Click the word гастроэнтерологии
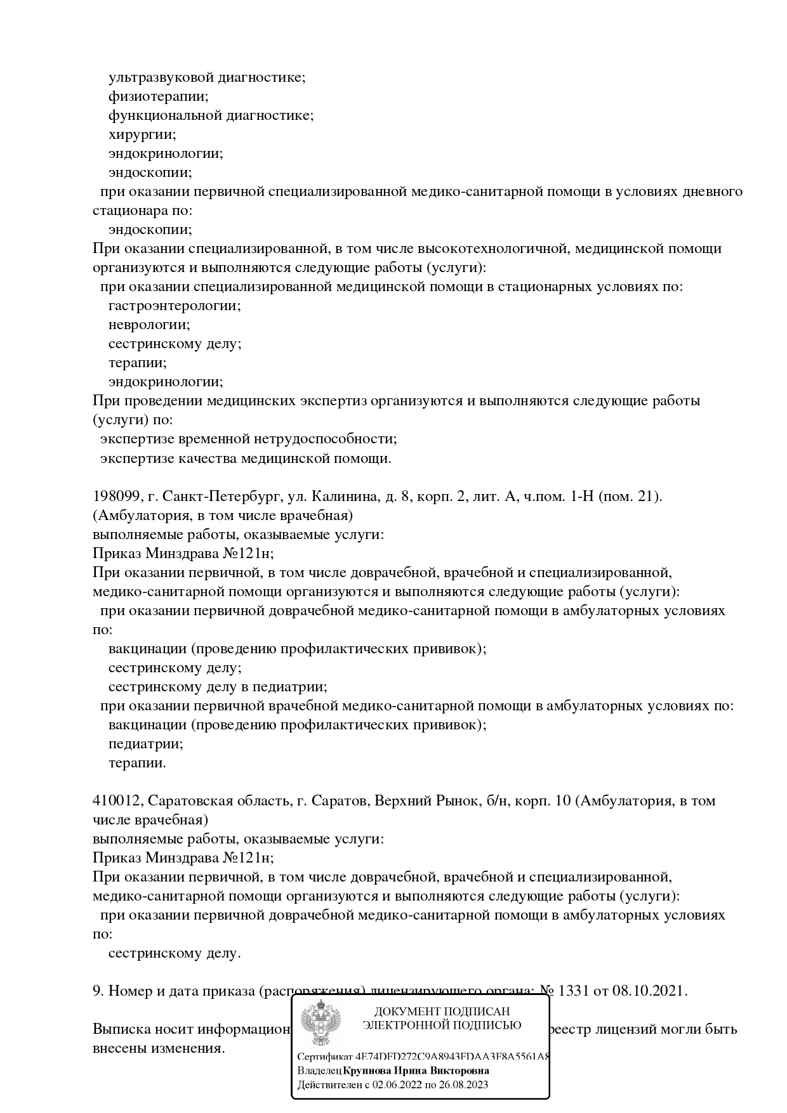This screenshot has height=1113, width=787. (x=175, y=306)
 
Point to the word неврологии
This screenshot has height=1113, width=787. (x=149, y=325)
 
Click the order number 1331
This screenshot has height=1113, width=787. (x=575, y=991)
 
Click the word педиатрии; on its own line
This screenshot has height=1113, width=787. (x=146, y=744)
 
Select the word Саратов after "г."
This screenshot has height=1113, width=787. (x=340, y=801)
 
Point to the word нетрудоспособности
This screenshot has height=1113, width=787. (x=325, y=439)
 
